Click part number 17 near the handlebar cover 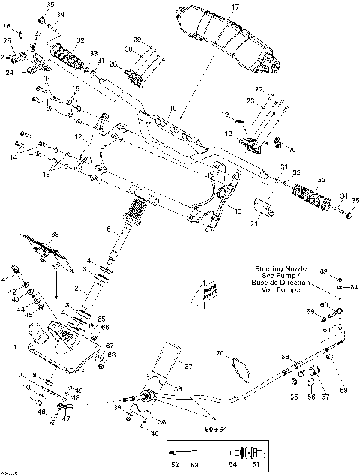point(235,7)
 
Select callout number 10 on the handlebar point(172,109)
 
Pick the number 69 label point(54,235)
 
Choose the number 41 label point(14,268)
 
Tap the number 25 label point(7,40)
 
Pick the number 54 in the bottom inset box point(232,465)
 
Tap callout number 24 point(11,73)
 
